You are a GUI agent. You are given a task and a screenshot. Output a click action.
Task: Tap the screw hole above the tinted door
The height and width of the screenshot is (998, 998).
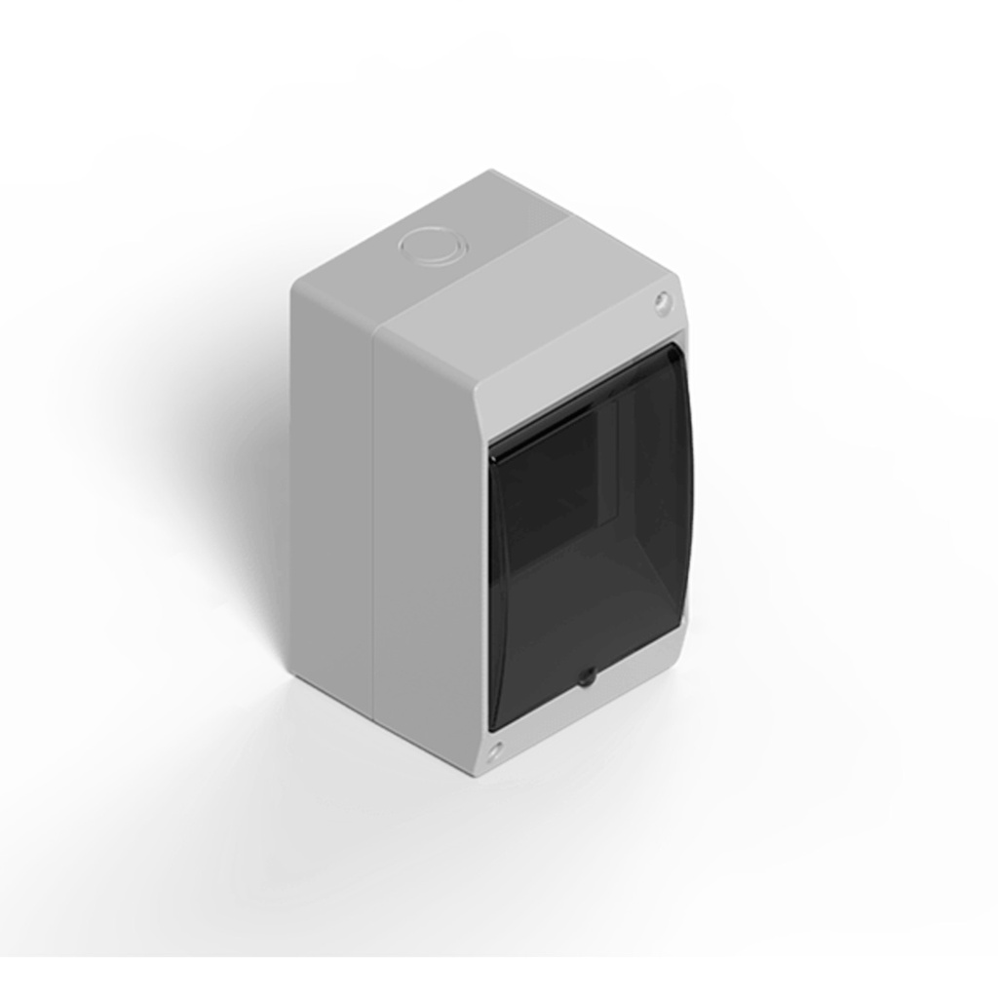[663, 303]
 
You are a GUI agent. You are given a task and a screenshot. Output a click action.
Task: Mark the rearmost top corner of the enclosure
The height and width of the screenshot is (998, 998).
[490, 173]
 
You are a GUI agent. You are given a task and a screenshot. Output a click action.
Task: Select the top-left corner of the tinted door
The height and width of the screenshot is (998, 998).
[490, 450]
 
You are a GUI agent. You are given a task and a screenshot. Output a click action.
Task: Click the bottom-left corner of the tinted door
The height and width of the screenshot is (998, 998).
[491, 729]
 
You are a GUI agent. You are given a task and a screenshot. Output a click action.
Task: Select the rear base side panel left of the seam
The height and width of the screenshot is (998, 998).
[331, 487]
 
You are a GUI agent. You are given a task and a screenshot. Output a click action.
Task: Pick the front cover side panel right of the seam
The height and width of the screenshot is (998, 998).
[429, 546]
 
